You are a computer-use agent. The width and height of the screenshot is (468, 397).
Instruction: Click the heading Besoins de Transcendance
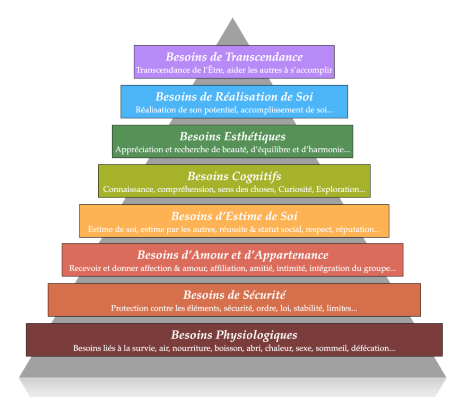(x=234, y=57)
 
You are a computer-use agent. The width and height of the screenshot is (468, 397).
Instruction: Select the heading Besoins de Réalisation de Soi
(x=234, y=97)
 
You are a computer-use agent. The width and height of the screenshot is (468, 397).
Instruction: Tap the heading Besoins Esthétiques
(x=232, y=137)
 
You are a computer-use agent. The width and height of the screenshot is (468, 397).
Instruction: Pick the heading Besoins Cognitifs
(x=234, y=176)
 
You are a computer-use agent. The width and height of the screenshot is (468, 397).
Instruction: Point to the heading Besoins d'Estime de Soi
(x=234, y=216)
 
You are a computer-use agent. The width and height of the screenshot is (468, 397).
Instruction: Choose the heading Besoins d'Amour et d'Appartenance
(x=232, y=255)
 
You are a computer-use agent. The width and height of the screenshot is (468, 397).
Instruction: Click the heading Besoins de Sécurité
(x=234, y=295)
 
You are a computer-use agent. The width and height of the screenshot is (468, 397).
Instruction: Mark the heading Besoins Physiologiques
(x=234, y=335)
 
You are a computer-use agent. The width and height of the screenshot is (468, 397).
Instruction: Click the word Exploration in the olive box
(x=340, y=190)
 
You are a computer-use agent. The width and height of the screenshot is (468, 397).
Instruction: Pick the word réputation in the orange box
(x=360, y=230)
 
